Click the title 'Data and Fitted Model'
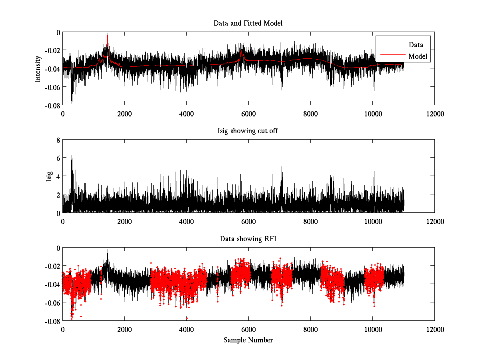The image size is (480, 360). (248, 23)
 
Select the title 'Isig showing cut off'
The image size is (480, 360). (248, 131)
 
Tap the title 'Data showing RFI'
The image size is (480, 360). (248, 239)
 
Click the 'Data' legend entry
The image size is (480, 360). (416, 45)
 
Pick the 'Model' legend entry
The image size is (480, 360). (418, 56)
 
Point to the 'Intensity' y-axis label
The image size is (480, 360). (38, 68)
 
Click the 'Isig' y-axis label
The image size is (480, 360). (49, 176)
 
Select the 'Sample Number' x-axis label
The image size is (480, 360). (248, 340)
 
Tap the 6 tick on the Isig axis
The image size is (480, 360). (58, 158)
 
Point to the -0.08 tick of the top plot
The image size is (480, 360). (52, 105)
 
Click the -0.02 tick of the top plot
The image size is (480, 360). (52, 50)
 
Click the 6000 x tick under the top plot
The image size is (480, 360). (248, 114)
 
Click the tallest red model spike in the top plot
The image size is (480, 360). (108, 35)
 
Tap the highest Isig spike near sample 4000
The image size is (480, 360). (187, 153)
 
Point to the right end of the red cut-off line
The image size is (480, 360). (404, 185)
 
